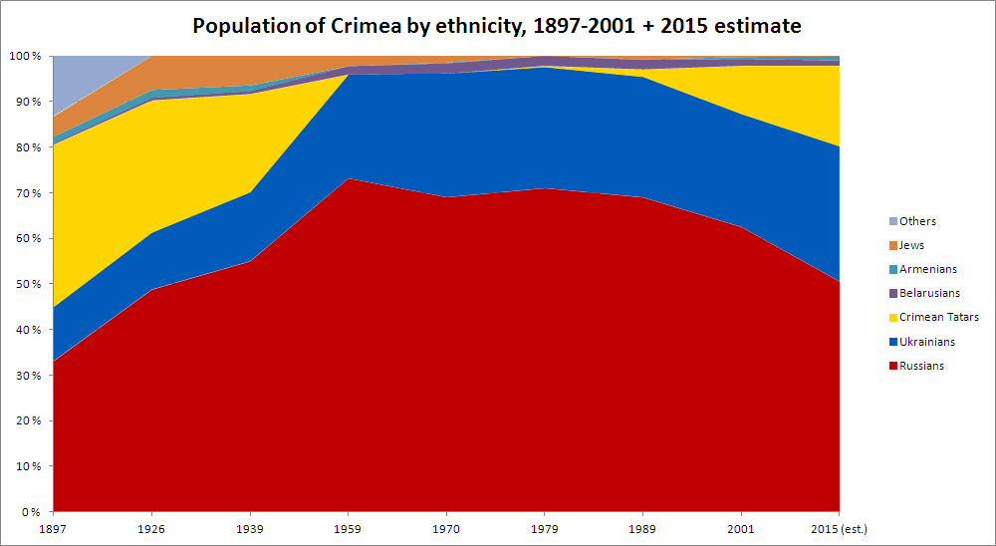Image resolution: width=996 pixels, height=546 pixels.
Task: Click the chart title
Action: (497, 24)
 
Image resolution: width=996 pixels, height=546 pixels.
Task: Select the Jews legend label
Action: (911, 245)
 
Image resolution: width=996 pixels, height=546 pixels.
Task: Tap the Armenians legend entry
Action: (927, 269)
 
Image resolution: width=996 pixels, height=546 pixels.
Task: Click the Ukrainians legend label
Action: (926, 342)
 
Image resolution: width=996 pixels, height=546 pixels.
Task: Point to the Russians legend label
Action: (921, 366)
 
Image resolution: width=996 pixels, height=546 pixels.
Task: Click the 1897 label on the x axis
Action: (53, 527)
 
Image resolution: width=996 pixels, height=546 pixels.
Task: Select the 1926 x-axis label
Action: (150, 527)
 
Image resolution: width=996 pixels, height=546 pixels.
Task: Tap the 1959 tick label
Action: (348, 527)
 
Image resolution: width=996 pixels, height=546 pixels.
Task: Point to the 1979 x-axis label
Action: (544, 527)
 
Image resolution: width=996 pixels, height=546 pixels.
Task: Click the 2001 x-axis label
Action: (741, 527)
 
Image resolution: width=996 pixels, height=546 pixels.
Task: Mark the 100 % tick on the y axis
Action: (26, 57)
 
